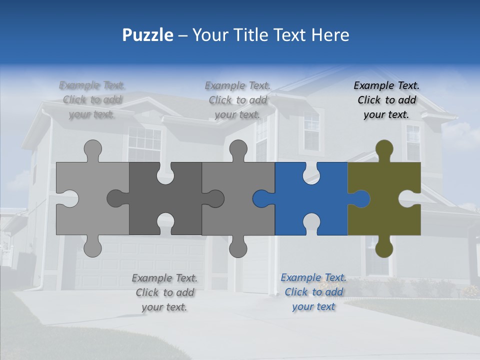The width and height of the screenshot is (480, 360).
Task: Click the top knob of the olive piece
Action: click(x=384, y=148)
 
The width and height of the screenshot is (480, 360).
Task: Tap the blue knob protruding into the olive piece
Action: click(x=361, y=198)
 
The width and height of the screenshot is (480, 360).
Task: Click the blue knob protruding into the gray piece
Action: click(x=261, y=198)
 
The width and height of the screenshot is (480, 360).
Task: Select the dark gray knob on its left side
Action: click(x=116, y=198)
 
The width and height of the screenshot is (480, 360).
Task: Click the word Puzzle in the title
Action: click(x=147, y=35)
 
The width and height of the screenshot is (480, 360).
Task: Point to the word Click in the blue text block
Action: click(x=296, y=292)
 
